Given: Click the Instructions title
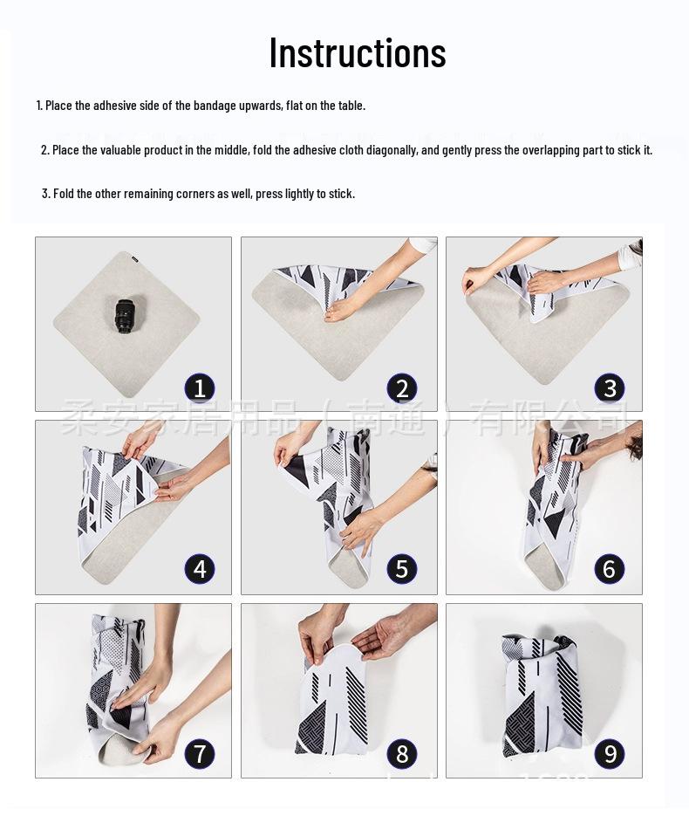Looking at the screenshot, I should [358, 52].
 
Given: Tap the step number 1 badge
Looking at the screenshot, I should [200, 387].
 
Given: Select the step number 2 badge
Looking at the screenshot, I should [402, 387].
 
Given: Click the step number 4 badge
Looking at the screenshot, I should [200, 569].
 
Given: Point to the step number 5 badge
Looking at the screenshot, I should [402, 569].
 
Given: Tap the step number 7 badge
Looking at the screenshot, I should [200, 753].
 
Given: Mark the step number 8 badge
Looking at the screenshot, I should [402, 753].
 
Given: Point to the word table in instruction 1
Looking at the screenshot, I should [351, 106].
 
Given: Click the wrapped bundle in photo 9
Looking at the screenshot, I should [541, 694].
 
